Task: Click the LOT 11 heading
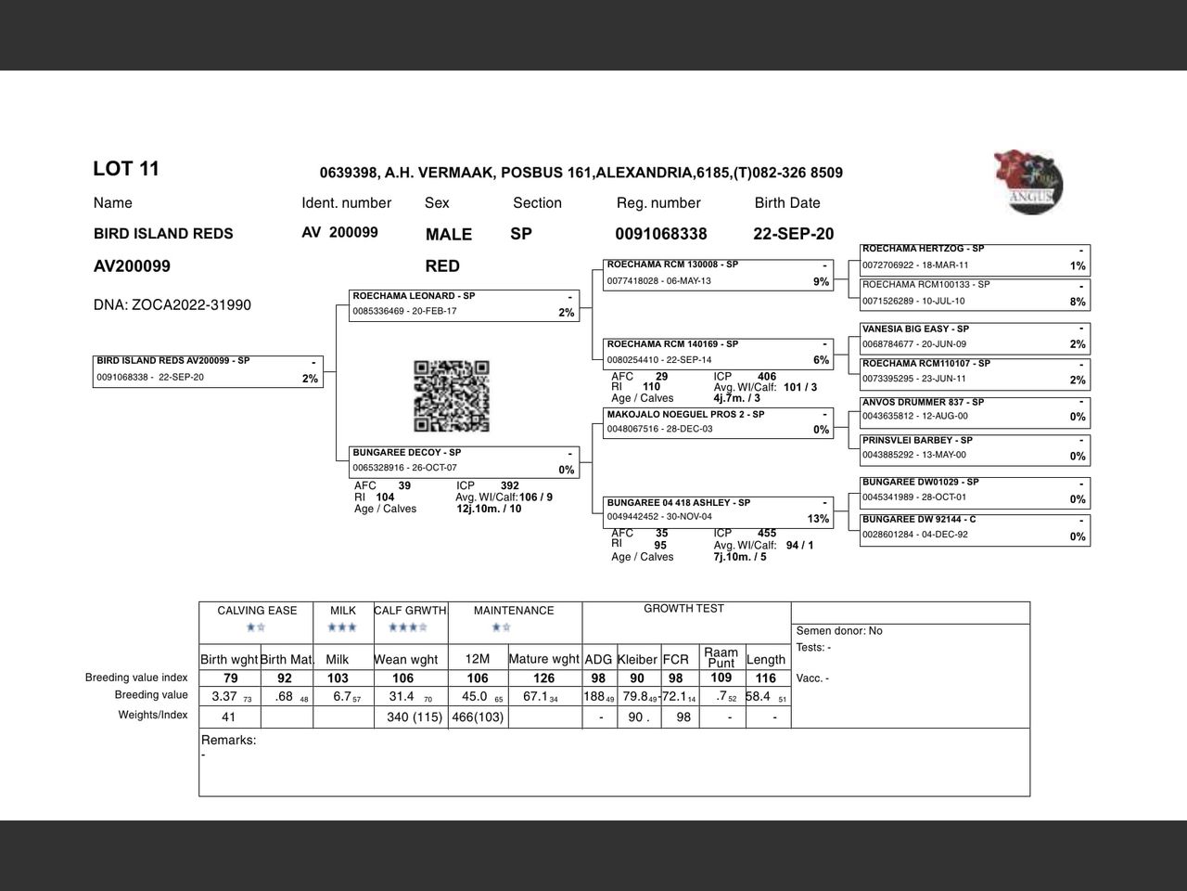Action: point(126,169)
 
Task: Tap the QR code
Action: point(451,396)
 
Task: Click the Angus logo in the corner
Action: point(1028,182)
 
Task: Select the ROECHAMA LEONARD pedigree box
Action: point(465,305)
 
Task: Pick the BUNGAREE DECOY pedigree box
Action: point(465,461)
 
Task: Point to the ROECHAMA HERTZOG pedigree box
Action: point(975,259)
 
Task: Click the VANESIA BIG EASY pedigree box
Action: point(975,338)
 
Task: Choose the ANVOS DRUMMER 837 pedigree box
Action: point(975,410)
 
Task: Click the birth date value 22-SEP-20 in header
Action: point(793,234)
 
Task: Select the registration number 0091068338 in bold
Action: point(660,234)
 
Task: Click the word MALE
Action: point(449,235)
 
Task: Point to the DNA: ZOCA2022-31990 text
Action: point(172,305)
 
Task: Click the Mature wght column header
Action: point(544,660)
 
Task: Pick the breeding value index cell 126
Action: point(544,678)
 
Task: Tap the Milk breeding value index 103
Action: point(338,678)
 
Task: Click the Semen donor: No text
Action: point(839,631)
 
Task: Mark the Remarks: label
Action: point(229,741)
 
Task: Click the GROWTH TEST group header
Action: point(683,609)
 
